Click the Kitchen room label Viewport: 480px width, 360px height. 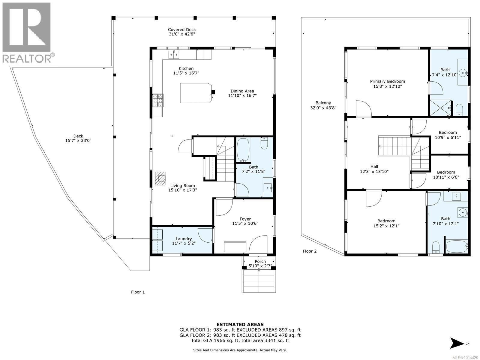[x=186, y=68]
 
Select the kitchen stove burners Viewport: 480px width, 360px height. [x=158, y=100]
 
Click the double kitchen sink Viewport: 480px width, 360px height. [x=174, y=55]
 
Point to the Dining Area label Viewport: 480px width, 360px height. [x=242, y=91]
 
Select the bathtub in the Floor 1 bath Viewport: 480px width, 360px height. [x=243, y=150]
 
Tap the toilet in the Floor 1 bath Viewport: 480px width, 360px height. [x=264, y=143]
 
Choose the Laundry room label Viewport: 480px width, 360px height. [x=184, y=239]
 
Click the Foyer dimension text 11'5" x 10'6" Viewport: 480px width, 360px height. [x=245, y=223]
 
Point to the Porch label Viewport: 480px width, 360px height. [x=260, y=261]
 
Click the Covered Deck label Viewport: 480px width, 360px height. [x=182, y=29]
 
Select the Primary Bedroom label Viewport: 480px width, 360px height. [x=388, y=81]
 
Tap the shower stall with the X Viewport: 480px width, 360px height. [x=440, y=108]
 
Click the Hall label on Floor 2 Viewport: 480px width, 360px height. [x=374, y=166]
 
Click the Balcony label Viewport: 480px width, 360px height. [x=323, y=103]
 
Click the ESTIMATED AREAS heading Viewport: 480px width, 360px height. [x=240, y=325]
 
